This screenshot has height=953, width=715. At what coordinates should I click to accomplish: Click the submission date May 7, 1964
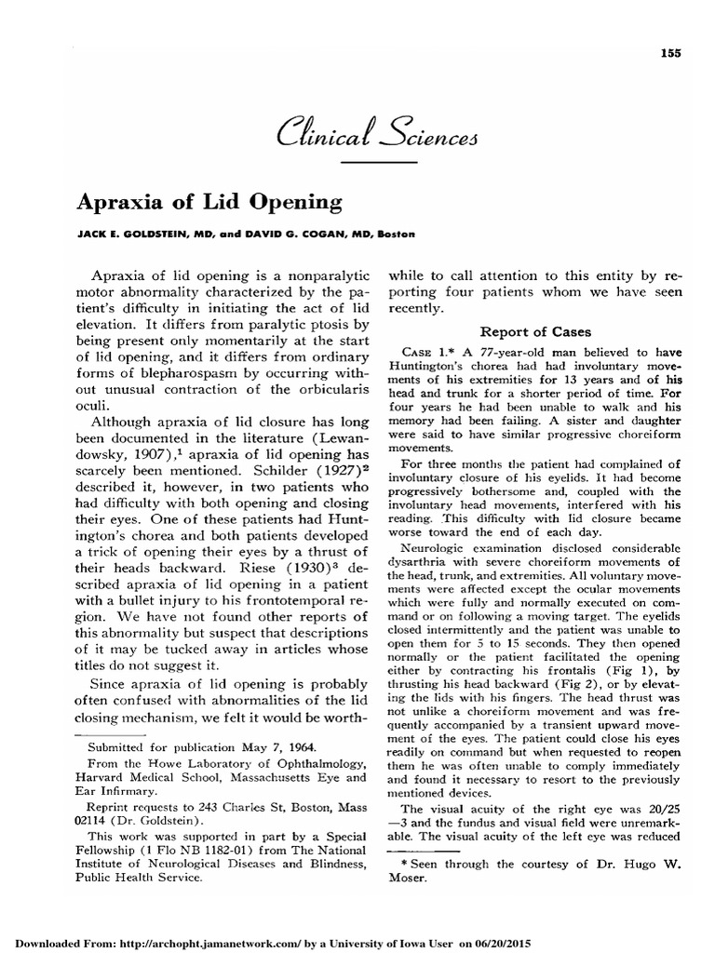coord(277,747)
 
